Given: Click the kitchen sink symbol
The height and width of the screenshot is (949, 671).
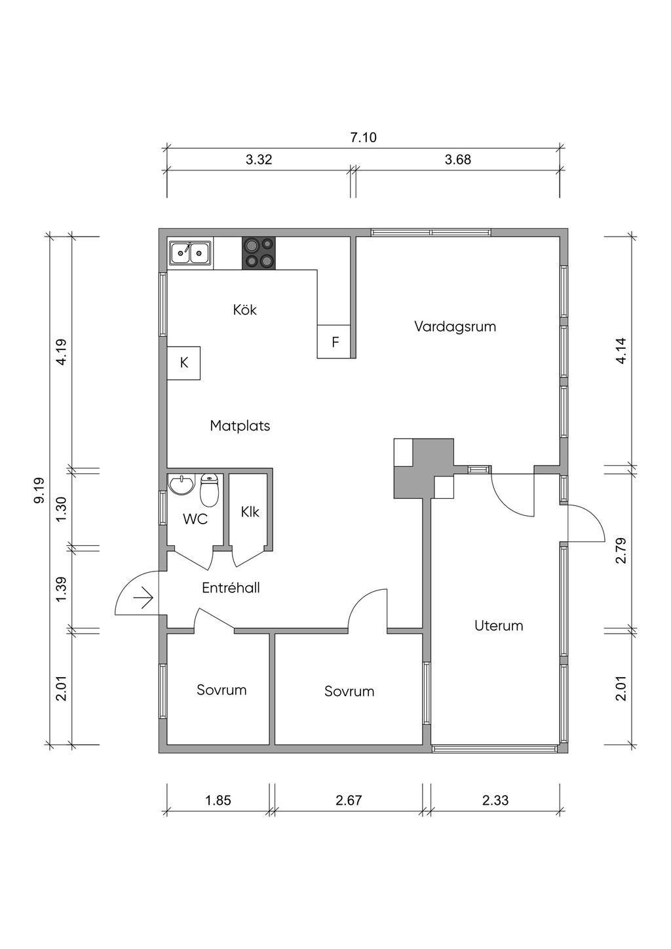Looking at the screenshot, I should (x=189, y=252).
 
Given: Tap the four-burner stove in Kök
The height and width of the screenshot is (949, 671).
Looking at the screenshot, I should (x=258, y=253).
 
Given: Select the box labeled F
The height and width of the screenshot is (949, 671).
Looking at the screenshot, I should (x=335, y=341).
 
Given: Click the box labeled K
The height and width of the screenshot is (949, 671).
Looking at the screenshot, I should (x=184, y=362).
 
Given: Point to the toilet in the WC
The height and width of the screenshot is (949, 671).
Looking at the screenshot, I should (x=209, y=491).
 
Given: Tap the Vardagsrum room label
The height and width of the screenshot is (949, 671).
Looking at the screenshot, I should (x=455, y=326).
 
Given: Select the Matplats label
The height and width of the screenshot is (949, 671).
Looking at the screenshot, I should (x=240, y=425).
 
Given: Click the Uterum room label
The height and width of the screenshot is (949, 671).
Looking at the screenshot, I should (x=499, y=625).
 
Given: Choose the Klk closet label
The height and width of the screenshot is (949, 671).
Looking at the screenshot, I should (x=250, y=511).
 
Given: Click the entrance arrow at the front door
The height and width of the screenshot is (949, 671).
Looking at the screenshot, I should (x=143, y=598).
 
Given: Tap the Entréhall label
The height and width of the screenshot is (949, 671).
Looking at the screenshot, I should (x=231, y=588).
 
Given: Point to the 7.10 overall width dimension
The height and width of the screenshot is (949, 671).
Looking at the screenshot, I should (x=363, y=138).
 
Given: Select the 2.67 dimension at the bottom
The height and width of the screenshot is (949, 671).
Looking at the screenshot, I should (x=349, y=800).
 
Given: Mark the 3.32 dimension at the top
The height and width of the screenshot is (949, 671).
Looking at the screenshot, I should (x=259, y=159).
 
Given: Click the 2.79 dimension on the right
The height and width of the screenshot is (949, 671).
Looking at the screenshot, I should (x=621, y=551).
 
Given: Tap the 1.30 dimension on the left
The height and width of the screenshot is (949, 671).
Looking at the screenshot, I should (x=61, y=509).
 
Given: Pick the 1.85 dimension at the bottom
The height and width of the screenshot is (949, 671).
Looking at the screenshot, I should (x=218, y=800).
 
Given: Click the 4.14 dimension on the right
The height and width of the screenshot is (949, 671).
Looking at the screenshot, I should (x=621, y=351).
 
